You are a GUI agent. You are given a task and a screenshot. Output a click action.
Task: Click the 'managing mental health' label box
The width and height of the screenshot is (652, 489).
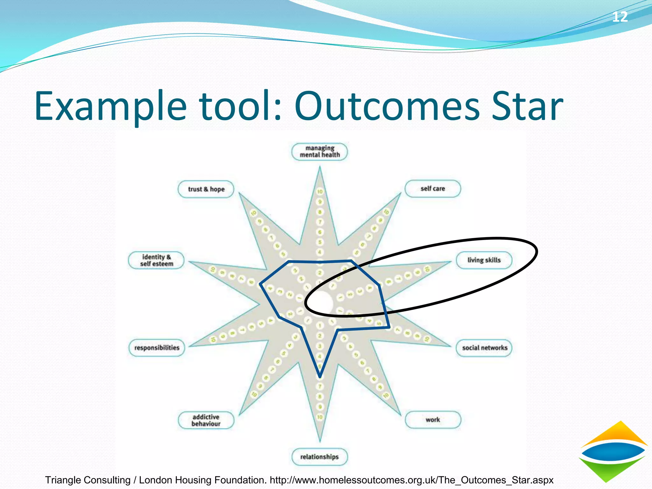tap(320, 152)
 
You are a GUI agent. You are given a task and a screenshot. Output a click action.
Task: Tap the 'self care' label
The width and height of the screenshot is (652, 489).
tap(433, 188)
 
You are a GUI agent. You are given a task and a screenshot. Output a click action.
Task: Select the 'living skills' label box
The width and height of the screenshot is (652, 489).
tap(484, 260)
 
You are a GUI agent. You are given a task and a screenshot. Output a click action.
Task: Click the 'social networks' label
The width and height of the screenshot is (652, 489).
tap(485, 348)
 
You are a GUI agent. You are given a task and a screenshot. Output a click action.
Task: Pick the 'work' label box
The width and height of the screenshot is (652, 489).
tap(433, 420)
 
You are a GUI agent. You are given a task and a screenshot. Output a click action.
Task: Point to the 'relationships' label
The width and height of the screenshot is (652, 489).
tap(320, 457)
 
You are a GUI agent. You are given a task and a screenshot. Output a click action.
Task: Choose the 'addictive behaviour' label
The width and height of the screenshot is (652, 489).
tap(206, 420)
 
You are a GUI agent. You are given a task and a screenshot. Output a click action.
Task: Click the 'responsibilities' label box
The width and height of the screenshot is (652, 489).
tap(157, 348)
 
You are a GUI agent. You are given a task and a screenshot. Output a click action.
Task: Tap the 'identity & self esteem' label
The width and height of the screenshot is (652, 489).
tap(156, 260)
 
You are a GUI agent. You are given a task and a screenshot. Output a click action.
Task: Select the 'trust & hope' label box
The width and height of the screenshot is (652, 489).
tap(206, 189)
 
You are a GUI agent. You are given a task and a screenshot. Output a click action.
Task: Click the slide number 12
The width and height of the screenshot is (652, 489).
tap(620, 17)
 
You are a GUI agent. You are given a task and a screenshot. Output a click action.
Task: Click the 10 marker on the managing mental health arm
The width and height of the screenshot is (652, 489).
tap(320, 191)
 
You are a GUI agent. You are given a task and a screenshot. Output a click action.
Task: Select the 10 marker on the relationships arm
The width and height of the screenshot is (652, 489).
tap(320, 417)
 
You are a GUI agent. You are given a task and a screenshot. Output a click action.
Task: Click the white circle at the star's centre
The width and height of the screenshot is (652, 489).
tap(322, 301)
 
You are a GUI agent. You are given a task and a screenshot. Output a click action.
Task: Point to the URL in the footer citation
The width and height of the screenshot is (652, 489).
tap(412, 480)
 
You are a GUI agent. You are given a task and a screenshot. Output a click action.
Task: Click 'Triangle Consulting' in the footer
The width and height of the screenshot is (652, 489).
tap(88, 480)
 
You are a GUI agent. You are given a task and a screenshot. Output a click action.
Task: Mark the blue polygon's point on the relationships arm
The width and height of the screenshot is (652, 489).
tap(320, 376)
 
